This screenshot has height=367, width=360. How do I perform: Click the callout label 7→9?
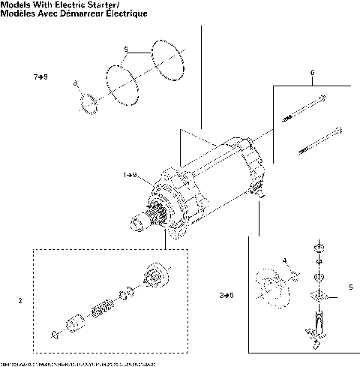(x=41, y=77)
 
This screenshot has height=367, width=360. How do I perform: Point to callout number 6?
(x=311, y=73)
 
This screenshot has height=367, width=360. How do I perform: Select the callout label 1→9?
(x=130, y=175)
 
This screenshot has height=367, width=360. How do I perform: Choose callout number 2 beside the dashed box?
(x=19, y=301)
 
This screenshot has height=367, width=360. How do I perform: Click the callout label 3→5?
(x=227, y=296)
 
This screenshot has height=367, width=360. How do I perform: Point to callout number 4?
(x=285, y=260)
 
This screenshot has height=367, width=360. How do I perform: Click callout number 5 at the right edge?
(x=350, y=286)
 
